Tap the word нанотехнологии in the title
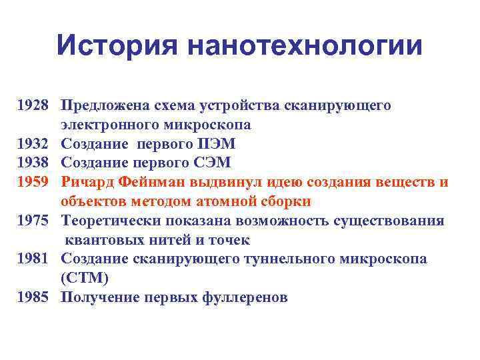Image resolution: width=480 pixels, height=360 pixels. (305, 46)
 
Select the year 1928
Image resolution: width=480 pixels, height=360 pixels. (33, 105)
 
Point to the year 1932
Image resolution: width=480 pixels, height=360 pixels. (33, 144)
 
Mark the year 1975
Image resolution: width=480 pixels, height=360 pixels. (33, 221)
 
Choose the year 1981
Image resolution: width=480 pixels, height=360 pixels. (33, 259)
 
